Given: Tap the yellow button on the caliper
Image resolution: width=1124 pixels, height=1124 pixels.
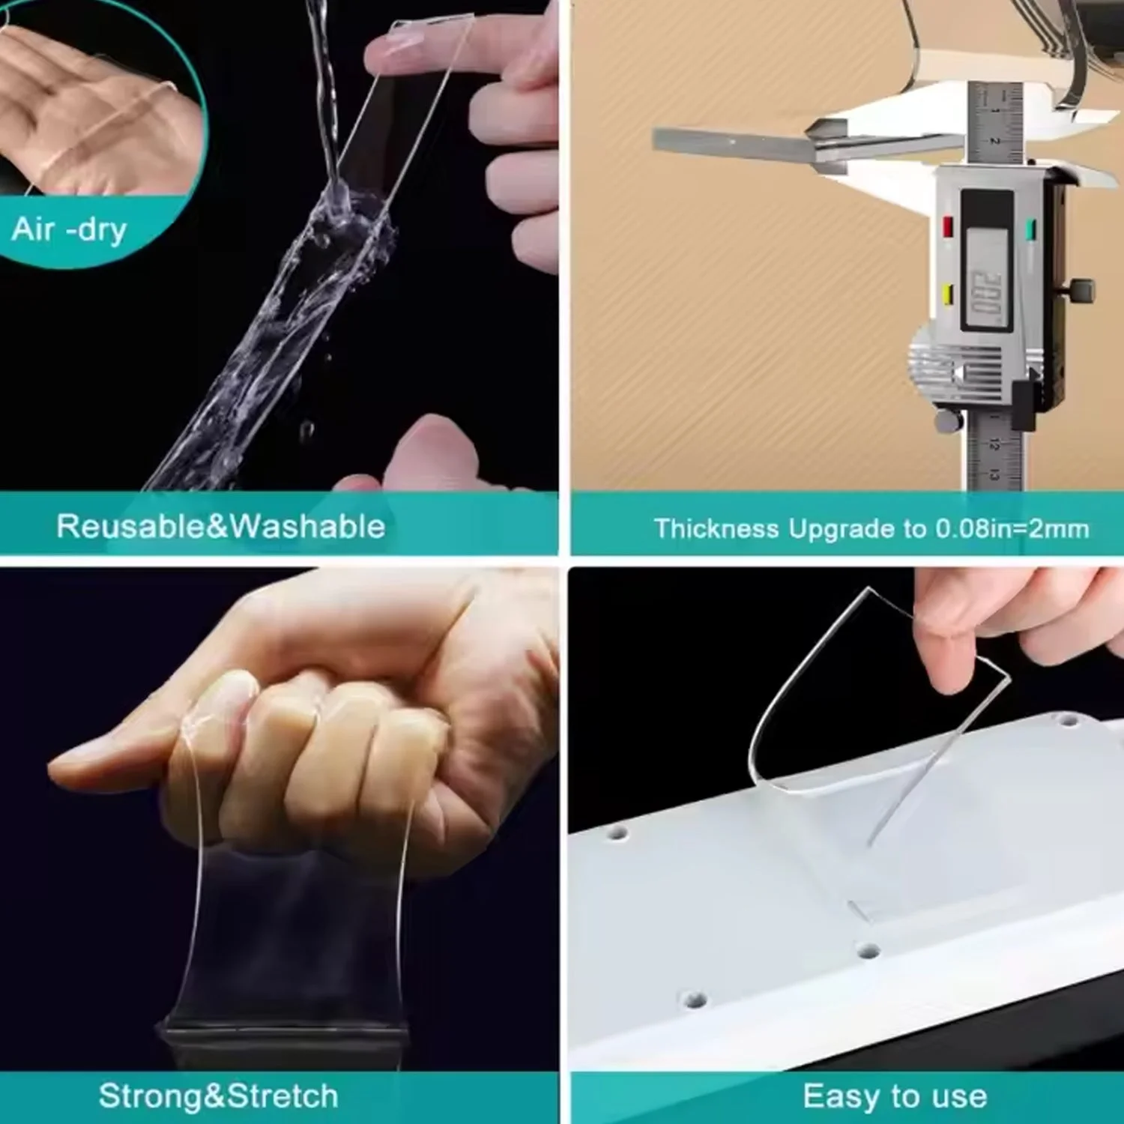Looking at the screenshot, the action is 948,294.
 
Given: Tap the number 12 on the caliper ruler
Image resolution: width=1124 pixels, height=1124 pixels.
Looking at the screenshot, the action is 994,444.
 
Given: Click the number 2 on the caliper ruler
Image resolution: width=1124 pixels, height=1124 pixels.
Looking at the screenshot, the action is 995,140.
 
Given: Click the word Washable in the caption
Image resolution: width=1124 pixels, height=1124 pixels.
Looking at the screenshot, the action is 306,526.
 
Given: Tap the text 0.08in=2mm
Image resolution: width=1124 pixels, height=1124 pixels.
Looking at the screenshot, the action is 1012,529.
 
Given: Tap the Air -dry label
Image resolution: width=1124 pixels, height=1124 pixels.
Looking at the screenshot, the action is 69,229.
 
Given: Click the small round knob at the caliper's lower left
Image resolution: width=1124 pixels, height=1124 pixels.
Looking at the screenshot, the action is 949,421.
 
